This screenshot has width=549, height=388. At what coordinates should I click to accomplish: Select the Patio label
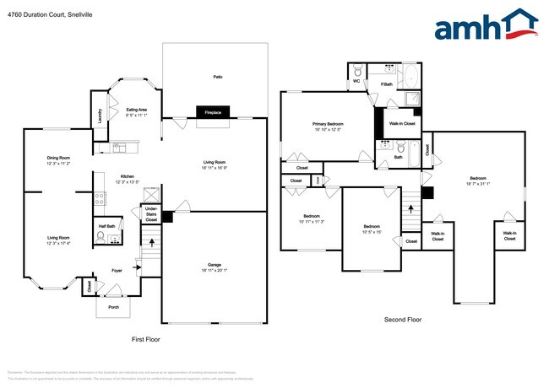pos(217,77)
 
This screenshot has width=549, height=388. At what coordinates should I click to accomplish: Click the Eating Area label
pos(136,111)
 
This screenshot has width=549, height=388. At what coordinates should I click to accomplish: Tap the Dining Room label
pos(58,160)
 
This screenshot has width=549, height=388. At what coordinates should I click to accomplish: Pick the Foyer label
pos(117,271)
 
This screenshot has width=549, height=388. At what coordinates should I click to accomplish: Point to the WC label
pos(356,83)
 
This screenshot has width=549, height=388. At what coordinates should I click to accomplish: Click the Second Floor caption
pos(402,321)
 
